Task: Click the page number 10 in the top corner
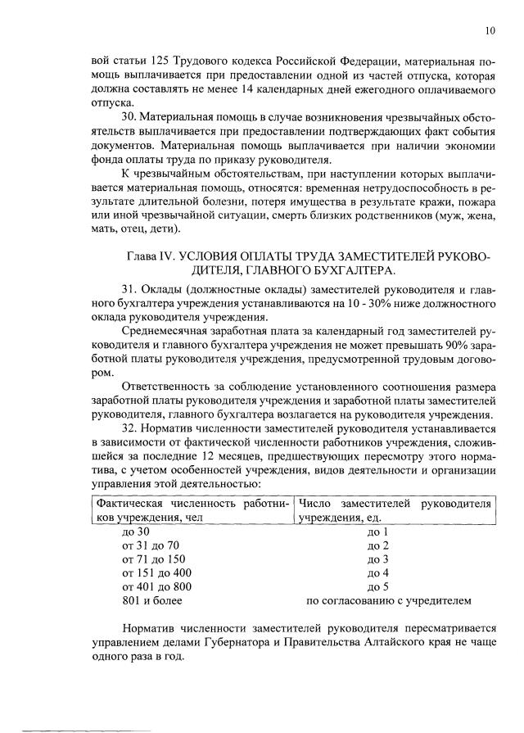pos(490,30)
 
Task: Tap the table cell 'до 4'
pos(377,572)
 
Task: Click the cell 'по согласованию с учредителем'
pos(389,600)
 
